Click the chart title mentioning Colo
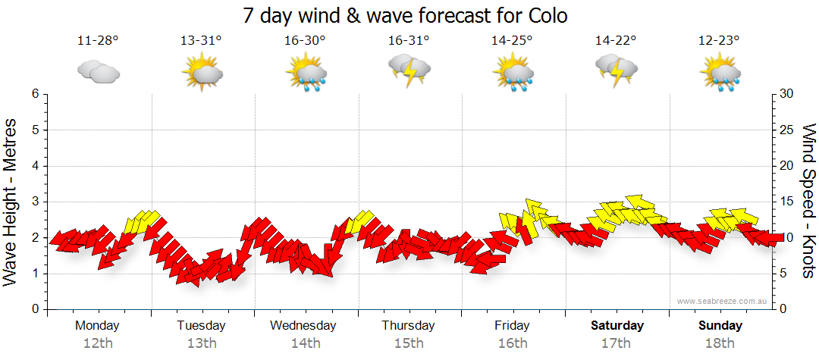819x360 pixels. tap(406, 15)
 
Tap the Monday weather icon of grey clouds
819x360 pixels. tap(98, 72)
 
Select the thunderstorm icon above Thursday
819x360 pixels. tap(409, 70)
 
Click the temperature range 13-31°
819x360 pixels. tap(201, 40)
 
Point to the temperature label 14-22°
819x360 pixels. tap(616, 40)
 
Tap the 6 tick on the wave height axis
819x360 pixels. tap(35, 94)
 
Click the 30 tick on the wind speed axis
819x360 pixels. tap(786, 94)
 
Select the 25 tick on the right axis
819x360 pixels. tap(786, 130)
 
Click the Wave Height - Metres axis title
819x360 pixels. tap(11, 202)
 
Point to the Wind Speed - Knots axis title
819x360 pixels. tap(808, 202)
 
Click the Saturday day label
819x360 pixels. tap(617, 326)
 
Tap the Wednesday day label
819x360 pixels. tap(303, 326)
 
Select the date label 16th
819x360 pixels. tap(513, 343)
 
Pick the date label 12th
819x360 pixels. tap(98, 343)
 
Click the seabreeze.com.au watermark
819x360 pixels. tap(723, 302)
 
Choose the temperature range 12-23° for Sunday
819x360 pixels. tap(720, 40)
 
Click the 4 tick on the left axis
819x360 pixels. tap(35, 166)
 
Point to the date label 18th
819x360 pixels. tap(720, 343)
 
